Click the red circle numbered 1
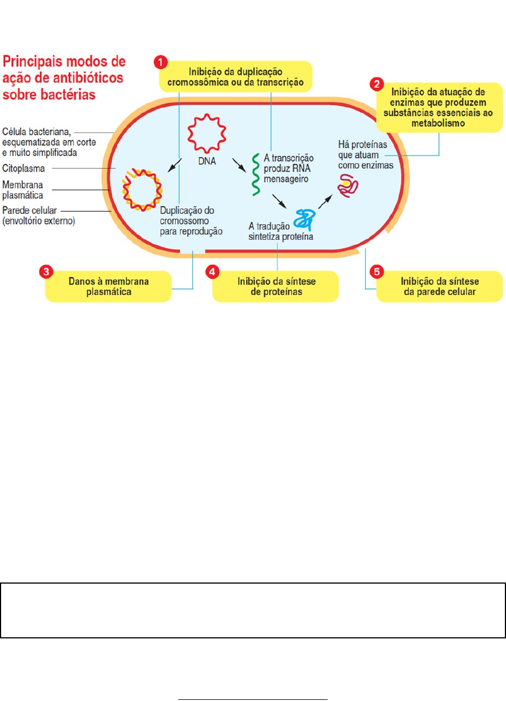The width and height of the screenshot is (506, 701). click(x=160, y=63)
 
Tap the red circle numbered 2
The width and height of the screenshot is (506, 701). click(x=377, y=84)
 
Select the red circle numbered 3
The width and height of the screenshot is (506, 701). click(x=46, y=272)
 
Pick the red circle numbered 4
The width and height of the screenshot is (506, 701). click(x=212, y=272)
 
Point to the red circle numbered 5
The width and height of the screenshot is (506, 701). click(x=377, y=272)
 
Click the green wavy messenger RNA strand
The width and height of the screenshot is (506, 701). click(x=256, y=174)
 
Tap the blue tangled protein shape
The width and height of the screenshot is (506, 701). click(x=304, y=220)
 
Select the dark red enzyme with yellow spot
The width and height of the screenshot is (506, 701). click(x=348, y=186)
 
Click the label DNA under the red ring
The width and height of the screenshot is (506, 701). click(x=207, y=161)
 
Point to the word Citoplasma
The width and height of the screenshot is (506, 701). click(x=23, y=168)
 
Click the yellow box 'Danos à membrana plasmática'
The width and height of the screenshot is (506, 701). click(x=108, y=286)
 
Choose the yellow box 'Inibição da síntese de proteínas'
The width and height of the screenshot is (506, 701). click(x=276, y=286)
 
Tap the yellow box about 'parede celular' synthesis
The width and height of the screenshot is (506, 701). click(x=439, y=286)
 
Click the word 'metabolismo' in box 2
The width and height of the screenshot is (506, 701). click(x=438, y=124)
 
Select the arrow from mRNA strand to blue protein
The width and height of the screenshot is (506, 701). click(x=279, y=201)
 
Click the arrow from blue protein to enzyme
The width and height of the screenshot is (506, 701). click(x=325, y=202)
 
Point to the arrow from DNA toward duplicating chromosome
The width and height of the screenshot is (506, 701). click(x=174, y=165)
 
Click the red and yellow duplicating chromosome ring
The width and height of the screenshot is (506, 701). click(x=143, y=190)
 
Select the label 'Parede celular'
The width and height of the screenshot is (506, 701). click(x=30, y=210)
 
